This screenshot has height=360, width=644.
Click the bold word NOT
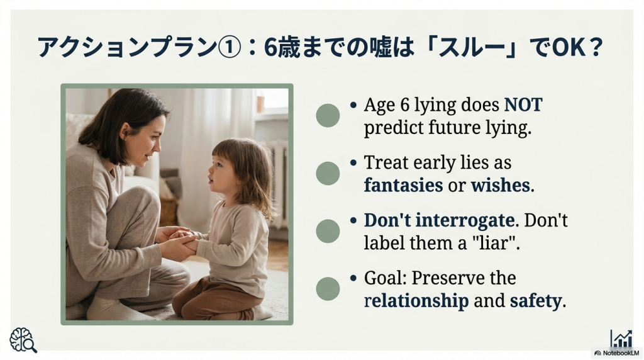[523, 105]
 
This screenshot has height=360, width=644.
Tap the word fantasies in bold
[403, 185]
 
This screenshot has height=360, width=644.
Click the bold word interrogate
[465, 220]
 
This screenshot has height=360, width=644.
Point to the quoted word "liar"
[496, 243]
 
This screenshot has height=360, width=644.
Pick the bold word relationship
[416, 301]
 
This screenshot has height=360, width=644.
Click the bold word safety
[536, 301]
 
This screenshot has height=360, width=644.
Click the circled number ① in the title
[228, 47]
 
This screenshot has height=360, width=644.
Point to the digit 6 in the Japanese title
[271, 47]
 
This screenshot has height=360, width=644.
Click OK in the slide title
[568, 47]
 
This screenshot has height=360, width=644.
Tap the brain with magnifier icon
[23, 340]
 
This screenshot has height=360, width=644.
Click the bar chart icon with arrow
[621, 338]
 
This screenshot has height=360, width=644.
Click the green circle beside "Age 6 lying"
[328, 115]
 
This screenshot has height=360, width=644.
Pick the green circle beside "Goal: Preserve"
[328, 288]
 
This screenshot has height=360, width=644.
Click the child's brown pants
[214, 298]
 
